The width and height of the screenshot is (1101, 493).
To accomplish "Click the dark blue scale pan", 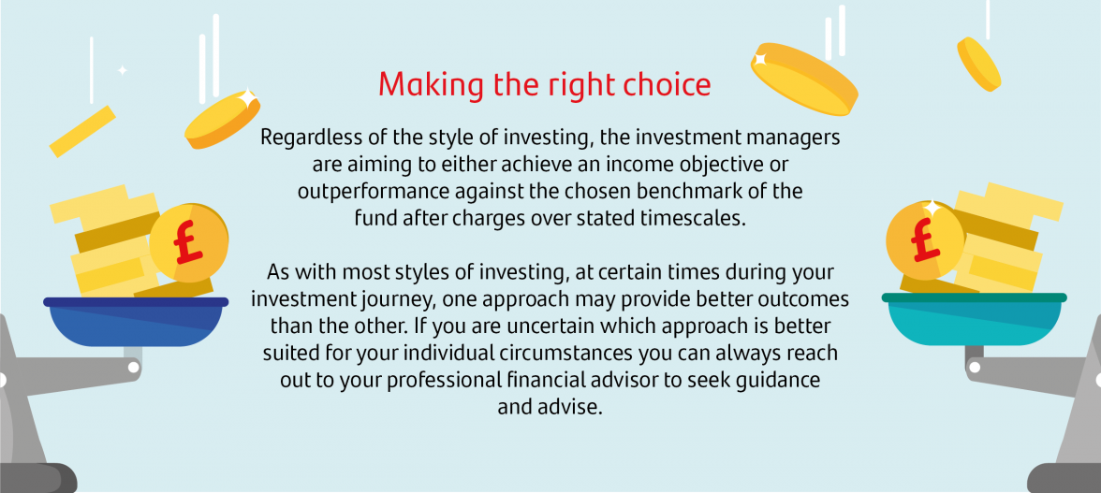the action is coord(136,322).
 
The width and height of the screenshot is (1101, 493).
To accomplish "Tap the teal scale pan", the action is coord(975,319).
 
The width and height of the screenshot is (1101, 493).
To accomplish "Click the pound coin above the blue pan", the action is coord(188,242).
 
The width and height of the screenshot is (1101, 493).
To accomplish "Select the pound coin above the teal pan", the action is coord(925,240).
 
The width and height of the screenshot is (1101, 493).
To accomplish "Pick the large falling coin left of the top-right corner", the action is coord(805,79).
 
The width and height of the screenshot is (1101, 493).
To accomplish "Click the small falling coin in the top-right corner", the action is coord(978,64).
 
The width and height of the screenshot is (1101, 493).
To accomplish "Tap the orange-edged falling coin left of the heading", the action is coord(222,119).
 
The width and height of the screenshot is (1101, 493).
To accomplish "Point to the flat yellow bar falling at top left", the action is coord(82,131).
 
